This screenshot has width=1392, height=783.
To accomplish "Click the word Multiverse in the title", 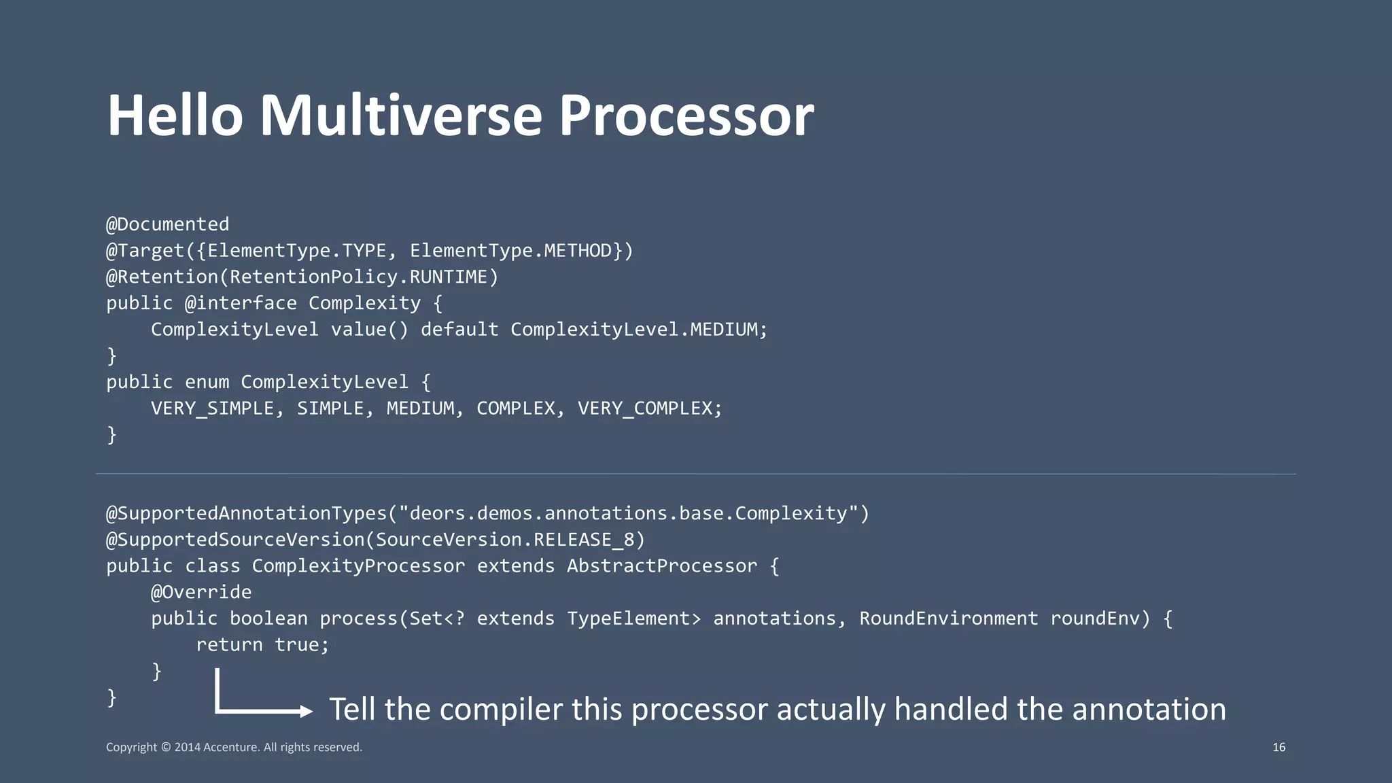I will pyautogui.click(x=400, y=116).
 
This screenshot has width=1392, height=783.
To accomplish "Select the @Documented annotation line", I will pyautogui.click(x=168, y=224).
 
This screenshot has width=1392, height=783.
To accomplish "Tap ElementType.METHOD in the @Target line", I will pyautogui.click(x=515, y=251).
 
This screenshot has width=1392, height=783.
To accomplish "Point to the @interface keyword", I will pyautogui.click(x=241, y=303).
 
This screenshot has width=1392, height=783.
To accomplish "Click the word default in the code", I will pyautogui.click(x=459, y=330).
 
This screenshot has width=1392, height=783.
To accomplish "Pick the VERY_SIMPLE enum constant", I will pyautogui.click(x=212, y=408).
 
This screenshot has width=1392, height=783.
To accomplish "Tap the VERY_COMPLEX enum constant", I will pyautogui.click(x=644, y=408).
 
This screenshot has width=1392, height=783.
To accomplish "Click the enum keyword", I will pyautogui.click(x=207, y=382).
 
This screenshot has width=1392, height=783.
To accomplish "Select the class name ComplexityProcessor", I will pyautogui.click(x=358, y=566).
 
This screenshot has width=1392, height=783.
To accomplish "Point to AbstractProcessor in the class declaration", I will pyautogui.click(x=662, y=566).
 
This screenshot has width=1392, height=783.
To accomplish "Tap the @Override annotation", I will pyautogui.click(x=201, y=593).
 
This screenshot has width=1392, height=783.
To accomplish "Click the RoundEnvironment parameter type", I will pyautogui.click(x=948, y=619).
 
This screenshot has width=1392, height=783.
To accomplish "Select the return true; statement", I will pyautogui.click(x=262, y=645).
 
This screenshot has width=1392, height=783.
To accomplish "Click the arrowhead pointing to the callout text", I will pyautogui.click(x=307, y=712).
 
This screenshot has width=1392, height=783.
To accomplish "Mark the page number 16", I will pyautogui.click(x=1278, y=748).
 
